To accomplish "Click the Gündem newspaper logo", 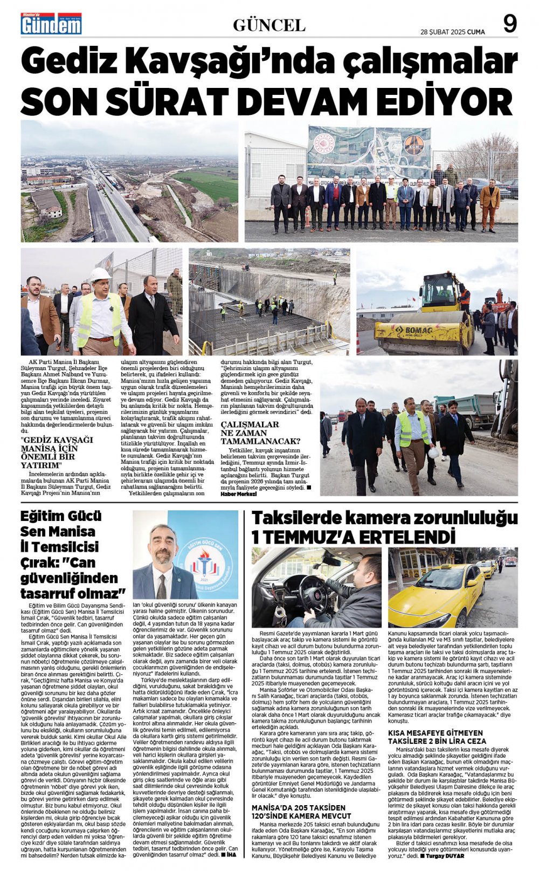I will pyautogui.click(x=51, y=24).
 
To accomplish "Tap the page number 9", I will pyautogui.click(x=509, y=24).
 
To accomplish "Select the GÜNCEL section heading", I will pyautogui.click(x=269, y=25).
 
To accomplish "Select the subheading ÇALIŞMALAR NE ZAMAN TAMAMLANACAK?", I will pyautogui.click(x=260, y=433).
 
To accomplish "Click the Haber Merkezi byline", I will pyautogui.click(x=238, y=494).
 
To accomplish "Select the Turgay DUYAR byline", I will pyautogui.click(x=445, y=855).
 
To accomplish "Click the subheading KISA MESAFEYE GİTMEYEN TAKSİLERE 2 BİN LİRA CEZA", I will pyautogui.click(x=437, y=737).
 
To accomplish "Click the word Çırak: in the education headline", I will pyautogui.click(x=40, y=563).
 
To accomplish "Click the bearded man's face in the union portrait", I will pyautogui.click(x=164, y=545).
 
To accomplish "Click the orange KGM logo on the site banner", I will pyautogui.click(x=413, y=145).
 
